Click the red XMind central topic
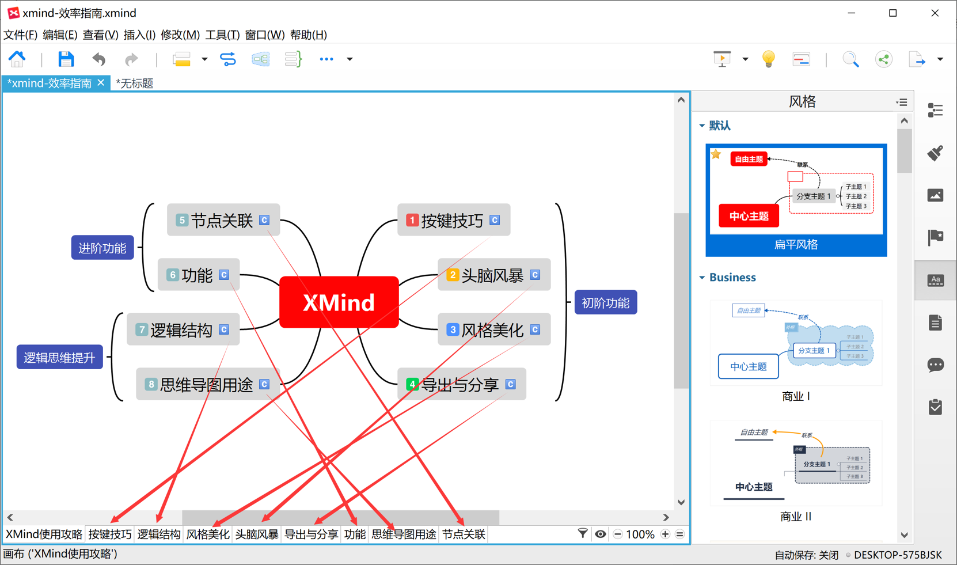[339, 302]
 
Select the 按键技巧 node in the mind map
[453, 220]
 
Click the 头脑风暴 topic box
[493, 275]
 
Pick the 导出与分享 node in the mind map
[461, 384]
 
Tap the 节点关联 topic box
[223, 220]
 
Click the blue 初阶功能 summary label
[605, 303]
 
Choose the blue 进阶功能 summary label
[102, 248]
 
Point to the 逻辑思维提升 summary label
[59, 358]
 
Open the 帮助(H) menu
[309, 35]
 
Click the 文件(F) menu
[21, 35]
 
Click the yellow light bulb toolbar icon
[768, 59]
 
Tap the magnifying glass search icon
[850, 59]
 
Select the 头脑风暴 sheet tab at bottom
[257, 534]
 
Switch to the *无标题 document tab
[135, 84]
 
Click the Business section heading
[732, 278]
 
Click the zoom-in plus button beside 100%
[665, 534]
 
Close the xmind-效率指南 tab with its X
[101, 83]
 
